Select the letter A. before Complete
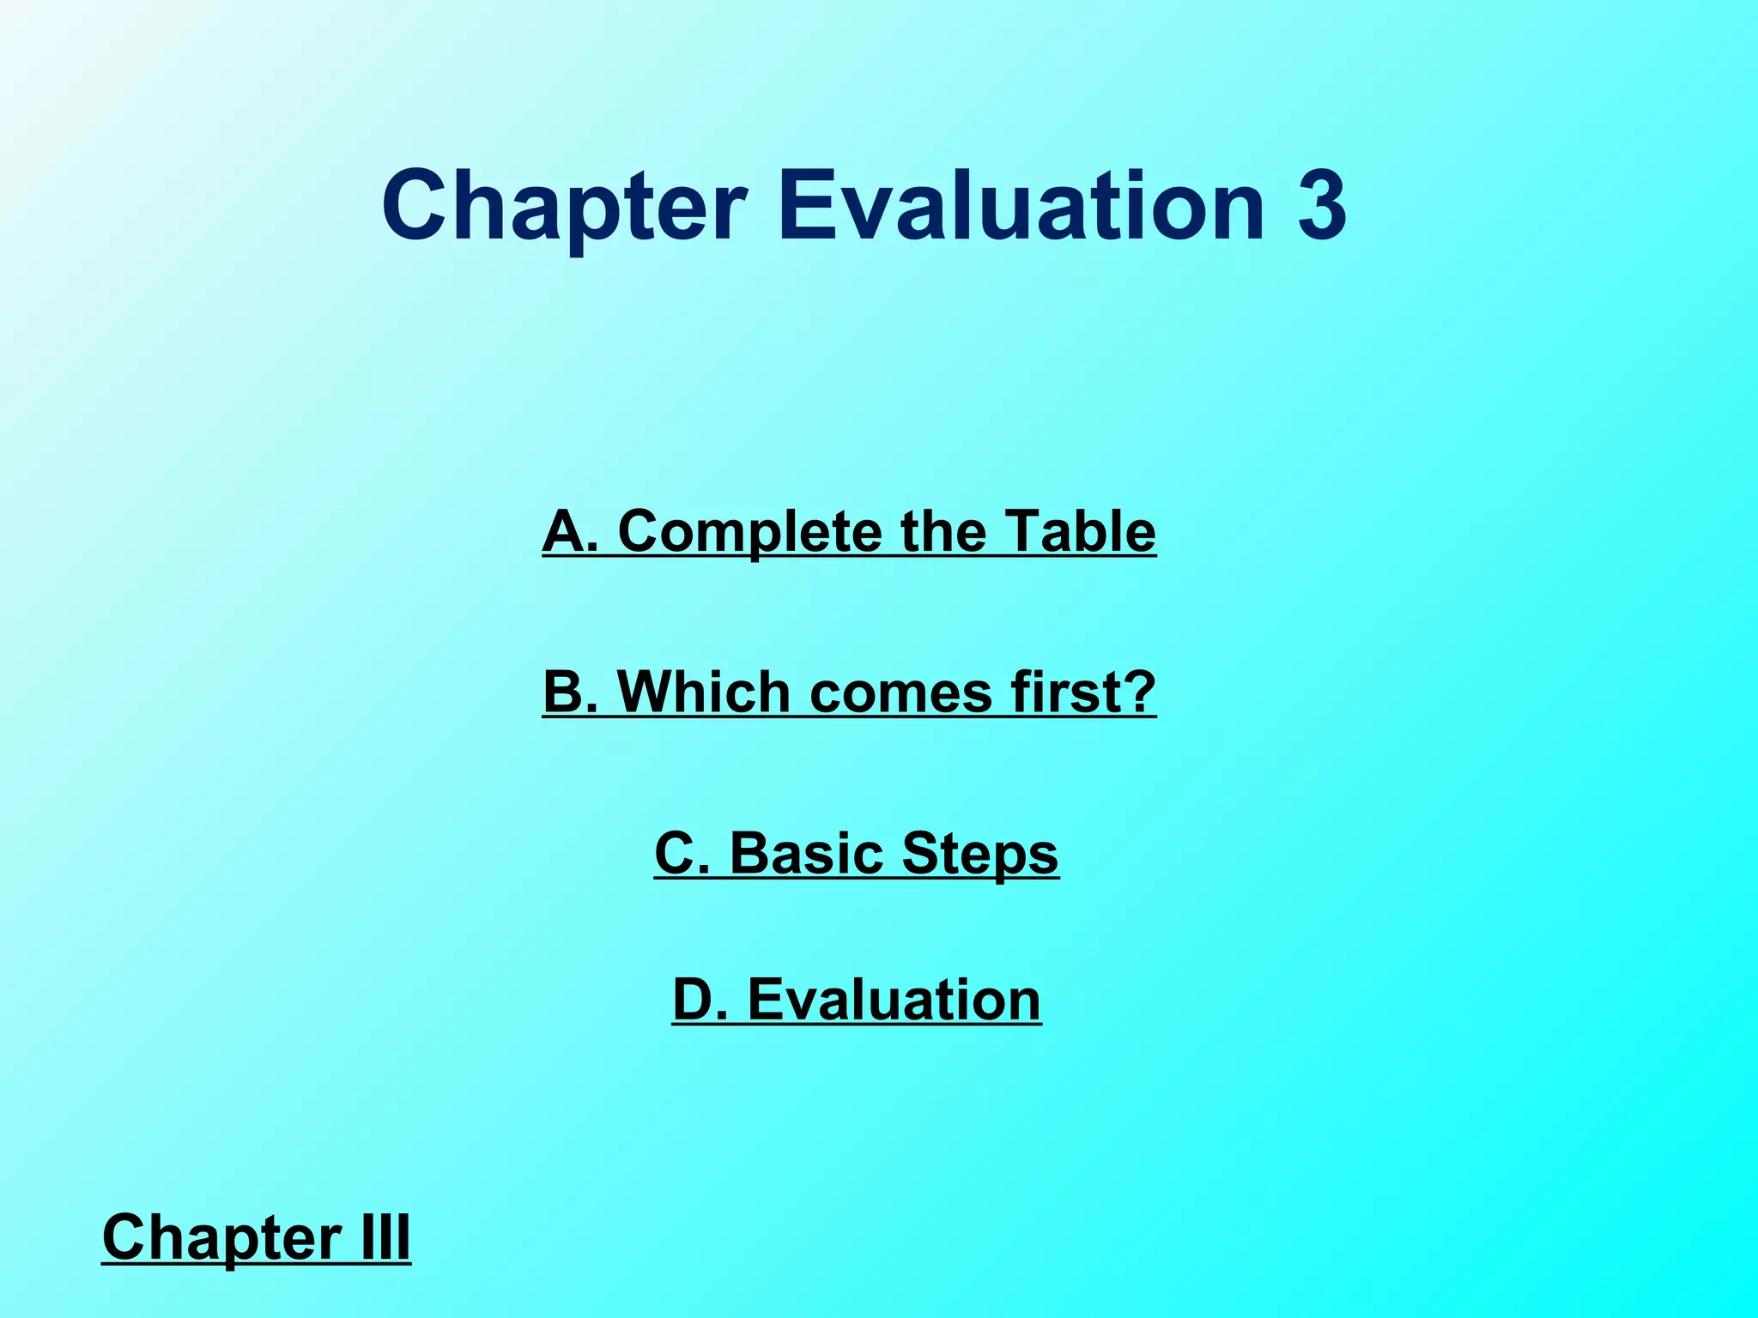[570, 531]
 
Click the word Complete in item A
[749, 531]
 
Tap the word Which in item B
[703, 692]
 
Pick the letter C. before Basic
[682, 854]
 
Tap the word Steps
[980, 855]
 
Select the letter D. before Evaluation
[700, 1000]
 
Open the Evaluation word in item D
[894, 1000]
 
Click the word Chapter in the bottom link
[220, 1238]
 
